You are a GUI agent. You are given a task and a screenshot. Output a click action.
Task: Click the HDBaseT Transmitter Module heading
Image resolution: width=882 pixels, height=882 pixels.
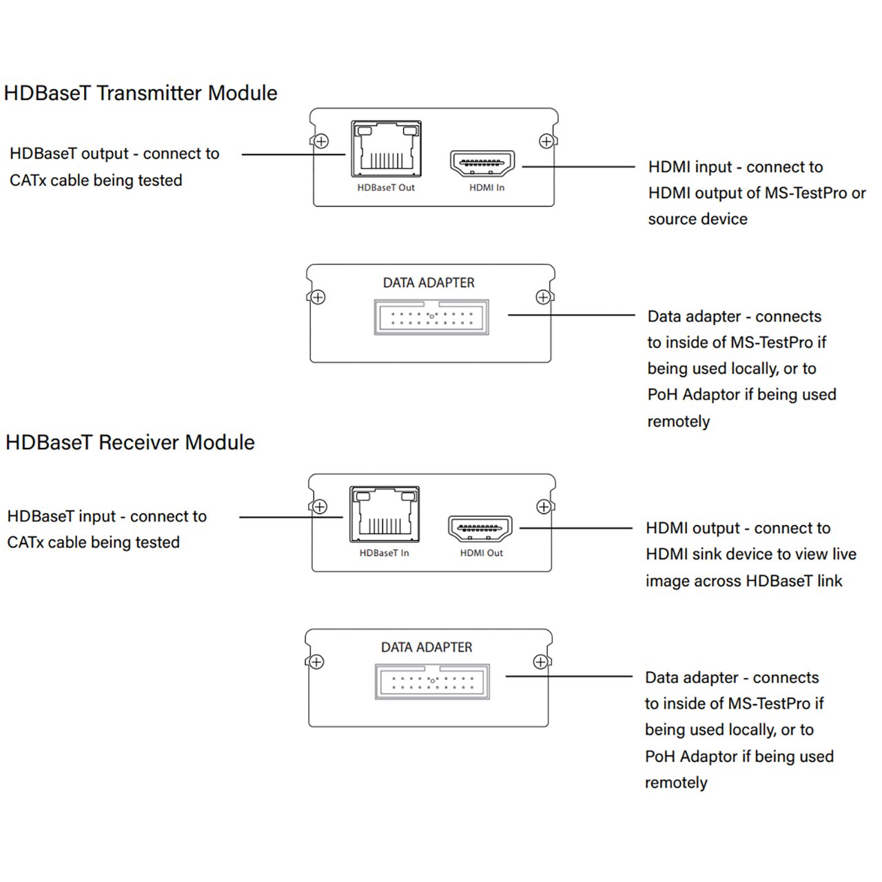141,93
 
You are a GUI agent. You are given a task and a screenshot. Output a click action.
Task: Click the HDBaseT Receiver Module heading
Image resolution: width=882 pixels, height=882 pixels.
130,442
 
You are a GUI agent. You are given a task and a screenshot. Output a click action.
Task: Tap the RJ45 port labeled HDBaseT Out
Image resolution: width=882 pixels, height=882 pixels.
386,149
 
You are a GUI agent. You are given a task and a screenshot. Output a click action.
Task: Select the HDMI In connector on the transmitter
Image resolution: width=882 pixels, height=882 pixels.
482,164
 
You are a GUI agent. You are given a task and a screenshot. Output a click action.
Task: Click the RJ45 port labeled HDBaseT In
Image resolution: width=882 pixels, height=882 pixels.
384,514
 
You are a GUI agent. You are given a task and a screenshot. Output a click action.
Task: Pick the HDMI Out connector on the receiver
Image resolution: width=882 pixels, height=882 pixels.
480,529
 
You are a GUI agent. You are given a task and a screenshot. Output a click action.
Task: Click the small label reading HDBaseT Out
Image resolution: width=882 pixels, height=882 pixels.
386,187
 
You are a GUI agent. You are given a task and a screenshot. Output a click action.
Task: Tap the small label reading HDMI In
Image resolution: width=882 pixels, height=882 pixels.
486,187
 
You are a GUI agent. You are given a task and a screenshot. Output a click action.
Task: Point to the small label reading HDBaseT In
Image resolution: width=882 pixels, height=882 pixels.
384,553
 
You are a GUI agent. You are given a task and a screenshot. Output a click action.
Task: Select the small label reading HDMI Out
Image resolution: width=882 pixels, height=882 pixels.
481,553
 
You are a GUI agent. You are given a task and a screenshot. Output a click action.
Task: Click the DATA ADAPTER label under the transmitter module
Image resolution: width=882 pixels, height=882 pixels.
429,283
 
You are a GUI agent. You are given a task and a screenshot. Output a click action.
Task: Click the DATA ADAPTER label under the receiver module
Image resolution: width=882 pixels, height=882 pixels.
427,648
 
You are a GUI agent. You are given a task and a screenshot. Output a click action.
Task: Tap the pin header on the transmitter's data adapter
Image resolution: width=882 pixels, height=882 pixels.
431,317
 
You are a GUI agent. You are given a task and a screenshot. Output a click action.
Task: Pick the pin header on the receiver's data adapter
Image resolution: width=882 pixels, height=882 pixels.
432,682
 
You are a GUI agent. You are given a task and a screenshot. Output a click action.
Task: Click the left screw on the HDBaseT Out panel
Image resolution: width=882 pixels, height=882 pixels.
321,141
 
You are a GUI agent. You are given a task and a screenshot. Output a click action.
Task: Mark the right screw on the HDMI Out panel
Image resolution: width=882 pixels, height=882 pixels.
544,507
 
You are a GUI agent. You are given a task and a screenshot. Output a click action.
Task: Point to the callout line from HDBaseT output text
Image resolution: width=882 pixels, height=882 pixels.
293,154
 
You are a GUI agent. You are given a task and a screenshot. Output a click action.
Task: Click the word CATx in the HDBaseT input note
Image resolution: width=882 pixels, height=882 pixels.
25,543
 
